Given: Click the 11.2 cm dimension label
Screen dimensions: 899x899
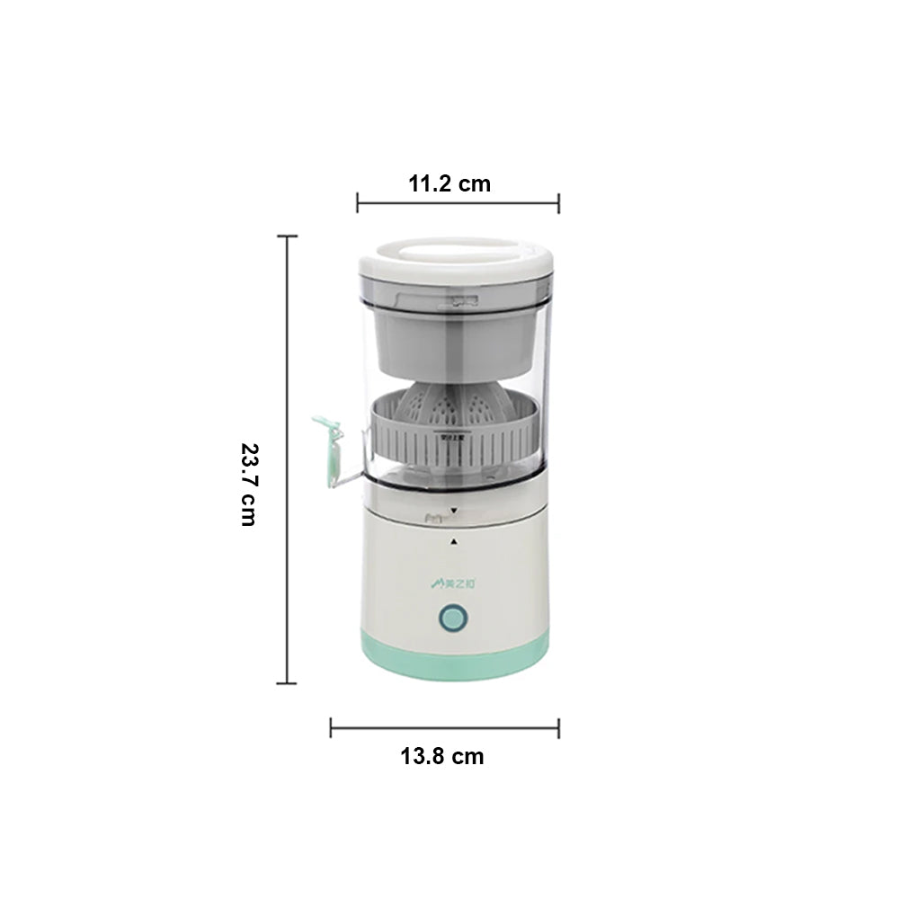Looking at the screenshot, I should [449, 184].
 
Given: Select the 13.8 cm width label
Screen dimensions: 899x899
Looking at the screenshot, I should [441, 756].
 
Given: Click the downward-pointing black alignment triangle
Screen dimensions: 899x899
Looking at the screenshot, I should [454, 510].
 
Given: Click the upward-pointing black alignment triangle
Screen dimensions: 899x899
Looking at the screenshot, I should [454, 541].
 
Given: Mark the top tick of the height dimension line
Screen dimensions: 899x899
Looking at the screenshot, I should [287, 236].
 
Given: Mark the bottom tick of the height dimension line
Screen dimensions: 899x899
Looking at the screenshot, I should [287, 683].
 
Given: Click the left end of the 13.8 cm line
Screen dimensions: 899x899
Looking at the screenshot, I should [331, 727].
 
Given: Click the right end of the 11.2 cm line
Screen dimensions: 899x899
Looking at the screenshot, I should [558, 202].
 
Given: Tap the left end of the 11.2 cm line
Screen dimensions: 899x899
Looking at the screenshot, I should [358, 202].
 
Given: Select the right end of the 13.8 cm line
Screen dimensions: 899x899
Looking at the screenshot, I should [558, 727].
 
